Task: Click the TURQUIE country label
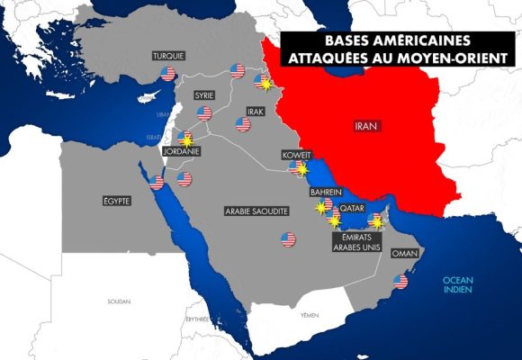tap(168, 56)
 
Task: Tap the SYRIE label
tap(206, 94)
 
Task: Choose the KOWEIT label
tap(296, 154)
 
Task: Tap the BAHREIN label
tap(324, 193)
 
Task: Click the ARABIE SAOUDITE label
tap(256, 210)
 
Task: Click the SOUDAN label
tap(118, 301)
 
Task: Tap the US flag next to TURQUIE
tap(238, 70)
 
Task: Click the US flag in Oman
tap(400, 282)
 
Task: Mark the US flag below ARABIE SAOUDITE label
tap(288, 238)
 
